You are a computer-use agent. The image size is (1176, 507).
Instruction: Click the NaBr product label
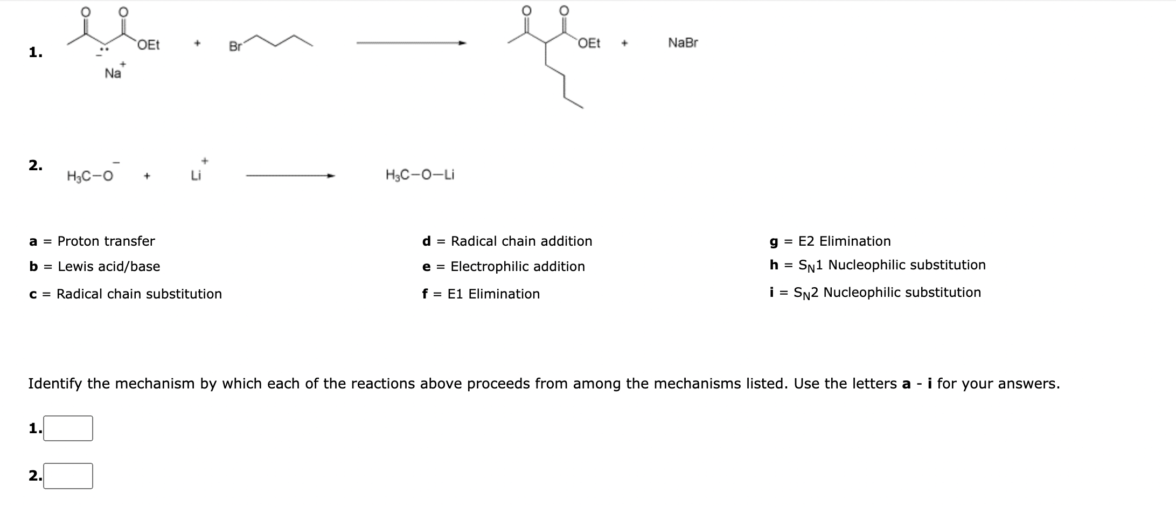[x=683, y=43]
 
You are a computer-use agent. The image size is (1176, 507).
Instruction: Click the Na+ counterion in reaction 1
[x=114, y=73]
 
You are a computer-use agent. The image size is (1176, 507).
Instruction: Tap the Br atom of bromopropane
[x=235, y=47]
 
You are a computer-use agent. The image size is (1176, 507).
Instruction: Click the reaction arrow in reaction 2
[x=290, y=175]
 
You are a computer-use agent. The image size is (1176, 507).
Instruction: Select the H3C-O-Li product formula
[x=420, y=175]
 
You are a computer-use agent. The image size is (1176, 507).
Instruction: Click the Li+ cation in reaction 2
[x=197, y=175]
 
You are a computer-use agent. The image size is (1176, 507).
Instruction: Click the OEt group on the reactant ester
[x=148, y=45]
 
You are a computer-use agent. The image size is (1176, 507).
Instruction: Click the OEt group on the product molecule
[x=589, y=44]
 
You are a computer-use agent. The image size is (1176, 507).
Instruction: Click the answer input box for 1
[x=68, y=428]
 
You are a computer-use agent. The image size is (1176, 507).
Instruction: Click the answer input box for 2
[x=68, y=476]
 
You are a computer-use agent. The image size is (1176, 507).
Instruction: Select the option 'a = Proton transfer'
[x=92, y=241]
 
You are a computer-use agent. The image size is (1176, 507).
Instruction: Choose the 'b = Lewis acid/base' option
[x=95, y=266]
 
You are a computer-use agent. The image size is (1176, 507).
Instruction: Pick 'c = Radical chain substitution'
[x=126, y=294]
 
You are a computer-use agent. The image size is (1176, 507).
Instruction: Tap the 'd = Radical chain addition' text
[x=507, y=241]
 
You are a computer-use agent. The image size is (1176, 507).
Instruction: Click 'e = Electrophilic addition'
[x=503, y=266]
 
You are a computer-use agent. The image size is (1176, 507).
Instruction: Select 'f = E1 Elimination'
[x=481, y=294]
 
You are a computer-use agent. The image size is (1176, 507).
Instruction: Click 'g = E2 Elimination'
[x=830, y=241]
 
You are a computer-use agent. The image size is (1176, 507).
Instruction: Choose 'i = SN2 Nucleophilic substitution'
[x=875, y=293]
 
